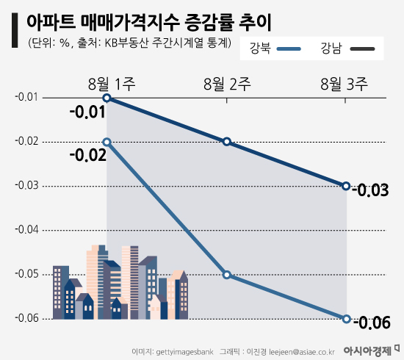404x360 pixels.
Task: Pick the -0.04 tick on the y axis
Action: click(26, 230)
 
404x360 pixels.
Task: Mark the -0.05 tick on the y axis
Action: click(26, 274)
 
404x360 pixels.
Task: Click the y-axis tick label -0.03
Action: click(26, 186)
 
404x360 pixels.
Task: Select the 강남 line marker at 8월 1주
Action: click(107, 98)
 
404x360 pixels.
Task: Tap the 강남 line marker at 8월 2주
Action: click(227, 142)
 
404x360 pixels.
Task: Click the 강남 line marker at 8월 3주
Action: click(346, 186)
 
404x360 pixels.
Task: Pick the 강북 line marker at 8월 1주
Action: click(107, 142)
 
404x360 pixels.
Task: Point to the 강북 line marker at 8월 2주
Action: click(227, 275)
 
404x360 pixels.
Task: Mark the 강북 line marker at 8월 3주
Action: click(346, 319)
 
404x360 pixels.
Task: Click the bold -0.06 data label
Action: click(371, 323)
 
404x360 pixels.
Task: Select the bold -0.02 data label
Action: click(87, 155)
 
